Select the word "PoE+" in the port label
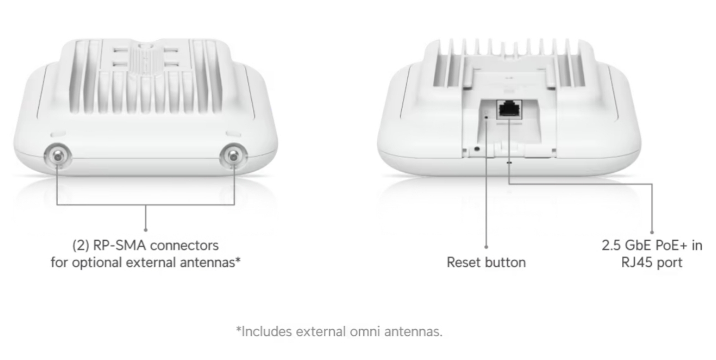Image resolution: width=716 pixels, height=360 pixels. pyautogui.click(x=671, y=245)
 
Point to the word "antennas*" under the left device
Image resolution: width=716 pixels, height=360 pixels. pyautogui.click(x=209, y=262)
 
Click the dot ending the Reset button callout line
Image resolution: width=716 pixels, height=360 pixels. pyautogui.click(x=486, y=247)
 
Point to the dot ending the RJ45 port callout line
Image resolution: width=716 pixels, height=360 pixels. pyautogui.click(x=652, y=233)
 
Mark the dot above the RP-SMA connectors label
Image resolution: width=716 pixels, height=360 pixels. pyautogui.click(x=145, y=228)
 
